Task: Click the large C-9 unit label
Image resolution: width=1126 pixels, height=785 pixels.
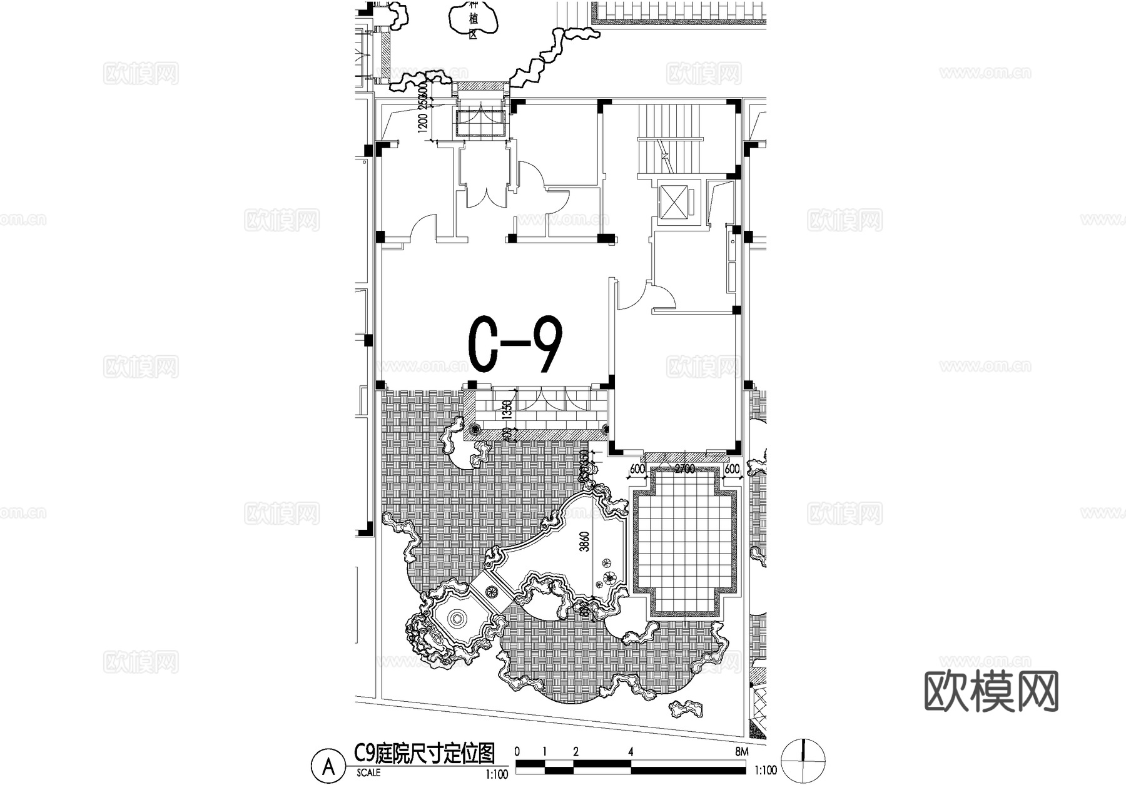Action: pos(515,344)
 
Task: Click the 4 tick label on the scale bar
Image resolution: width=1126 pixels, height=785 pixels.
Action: pos(631,752)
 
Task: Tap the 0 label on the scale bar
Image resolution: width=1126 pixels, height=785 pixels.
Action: pos(517,752)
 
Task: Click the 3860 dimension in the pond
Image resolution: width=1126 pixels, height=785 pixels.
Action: pos(584,542)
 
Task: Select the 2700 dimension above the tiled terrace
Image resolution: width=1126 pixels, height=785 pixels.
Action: pos(686,469)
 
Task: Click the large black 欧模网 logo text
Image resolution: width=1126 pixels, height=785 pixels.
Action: pos(991,691)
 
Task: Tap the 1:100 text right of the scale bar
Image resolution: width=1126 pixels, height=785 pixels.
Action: pos(766,770)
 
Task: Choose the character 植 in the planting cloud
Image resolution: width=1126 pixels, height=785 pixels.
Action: pos(474,20)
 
